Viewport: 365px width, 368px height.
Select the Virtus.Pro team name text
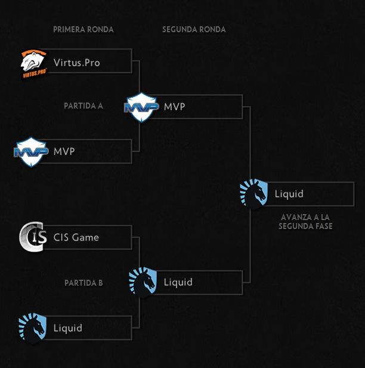(76, 62)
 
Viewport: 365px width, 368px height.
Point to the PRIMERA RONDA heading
(83, 29)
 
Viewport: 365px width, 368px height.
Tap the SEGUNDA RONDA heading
(194, 29)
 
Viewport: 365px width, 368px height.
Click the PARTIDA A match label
(83, 106)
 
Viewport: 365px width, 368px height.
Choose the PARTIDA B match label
(83, 283)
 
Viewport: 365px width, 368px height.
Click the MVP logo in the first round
(30, 151)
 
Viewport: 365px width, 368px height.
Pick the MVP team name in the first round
(64, 151)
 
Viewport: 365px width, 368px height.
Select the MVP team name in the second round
(175, 107)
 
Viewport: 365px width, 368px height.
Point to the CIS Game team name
(76, 237)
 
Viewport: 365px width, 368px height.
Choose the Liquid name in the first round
(68, 328)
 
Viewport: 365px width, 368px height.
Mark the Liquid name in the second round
(178, 282)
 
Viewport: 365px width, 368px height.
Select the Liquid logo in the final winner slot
(253, 193)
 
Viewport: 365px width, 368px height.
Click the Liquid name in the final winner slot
(289, 194)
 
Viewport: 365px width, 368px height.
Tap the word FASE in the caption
(323, 227)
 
